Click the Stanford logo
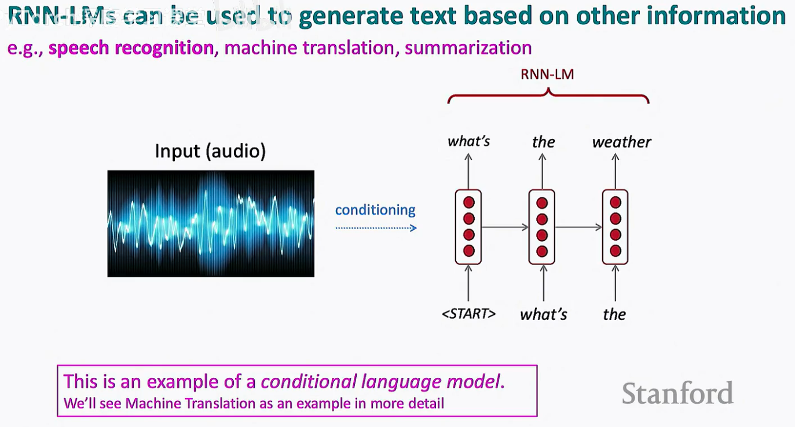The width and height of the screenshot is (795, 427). (677, 393)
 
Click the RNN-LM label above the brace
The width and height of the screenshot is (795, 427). (547, 74)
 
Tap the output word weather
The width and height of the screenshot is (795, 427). (621, 142)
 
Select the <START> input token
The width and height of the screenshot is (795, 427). (468, 314)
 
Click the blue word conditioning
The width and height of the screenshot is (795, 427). (375, 209)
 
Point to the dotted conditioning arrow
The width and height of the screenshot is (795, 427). (376, 228)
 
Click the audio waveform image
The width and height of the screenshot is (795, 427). (211, 223)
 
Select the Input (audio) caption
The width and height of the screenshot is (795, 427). (210, 152)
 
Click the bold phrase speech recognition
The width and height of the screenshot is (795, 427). (131, 47)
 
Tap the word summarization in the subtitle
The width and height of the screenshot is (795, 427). (468, 47)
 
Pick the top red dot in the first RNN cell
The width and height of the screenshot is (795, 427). (468, 203)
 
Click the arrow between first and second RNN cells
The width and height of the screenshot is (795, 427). (505, 227)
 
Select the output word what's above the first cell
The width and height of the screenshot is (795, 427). (468, 142)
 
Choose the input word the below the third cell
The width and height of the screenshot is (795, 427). (614, 314)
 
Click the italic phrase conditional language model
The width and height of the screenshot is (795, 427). (380, 382)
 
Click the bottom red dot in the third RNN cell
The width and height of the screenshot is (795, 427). (615, 251)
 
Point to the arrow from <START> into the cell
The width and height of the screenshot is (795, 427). (468, 284)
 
